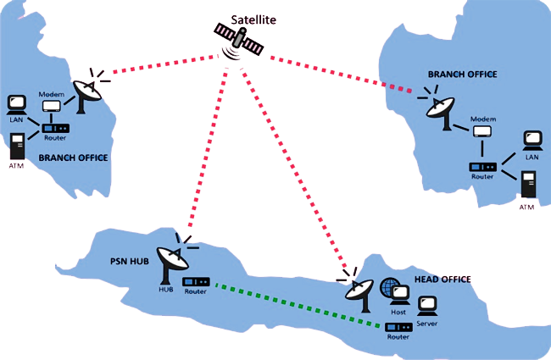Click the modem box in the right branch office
click(481, 131)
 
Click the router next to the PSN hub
click(196, 282)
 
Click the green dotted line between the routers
click(297, 305)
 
